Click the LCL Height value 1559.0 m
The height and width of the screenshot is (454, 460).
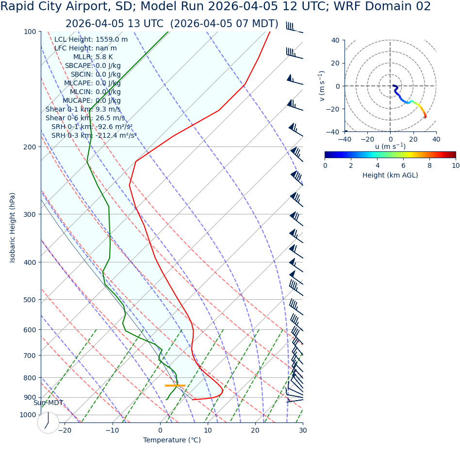pos(112,40)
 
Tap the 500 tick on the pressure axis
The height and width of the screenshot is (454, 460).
pos(30,300)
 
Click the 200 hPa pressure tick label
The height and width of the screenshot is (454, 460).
pos(30,147)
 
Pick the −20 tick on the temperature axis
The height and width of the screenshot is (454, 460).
pos(65,430)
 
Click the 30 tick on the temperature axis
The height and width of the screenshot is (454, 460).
pos(303,430)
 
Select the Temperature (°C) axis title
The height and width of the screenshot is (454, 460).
pos(172,440)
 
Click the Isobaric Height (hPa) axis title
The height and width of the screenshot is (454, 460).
pos(13,227)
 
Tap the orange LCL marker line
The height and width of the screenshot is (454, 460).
pos(175,386)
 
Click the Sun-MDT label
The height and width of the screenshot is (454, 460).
pos(48,403)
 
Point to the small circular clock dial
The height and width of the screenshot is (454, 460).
pos(48,422)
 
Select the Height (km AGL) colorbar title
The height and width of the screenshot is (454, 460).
pos(390,175)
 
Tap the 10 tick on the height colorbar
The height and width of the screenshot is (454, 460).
pos(455,165)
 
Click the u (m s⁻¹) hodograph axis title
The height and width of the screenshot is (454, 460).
pos(390,146)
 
